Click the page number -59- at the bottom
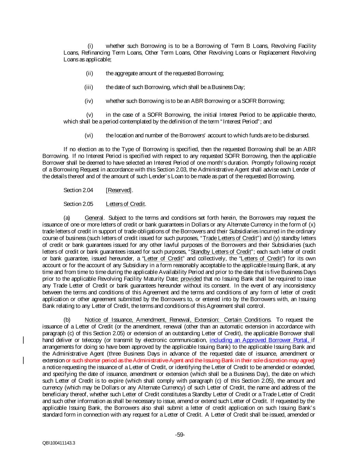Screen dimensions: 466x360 (180, 435)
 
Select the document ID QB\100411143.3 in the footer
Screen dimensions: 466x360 (59, 443)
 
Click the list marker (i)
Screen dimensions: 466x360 (90, 46)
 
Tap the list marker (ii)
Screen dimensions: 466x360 (89, 73)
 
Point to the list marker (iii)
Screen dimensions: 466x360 (89, 87)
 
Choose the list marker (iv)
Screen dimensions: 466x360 (89, 101)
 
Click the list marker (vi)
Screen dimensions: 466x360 (89, 135)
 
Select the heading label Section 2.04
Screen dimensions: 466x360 (78, 190)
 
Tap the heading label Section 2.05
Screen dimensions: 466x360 (78, 204)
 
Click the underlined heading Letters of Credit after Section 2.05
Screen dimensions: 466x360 (126, 204)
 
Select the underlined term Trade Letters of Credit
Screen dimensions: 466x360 (230, 238)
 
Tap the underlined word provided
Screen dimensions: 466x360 (191, 279)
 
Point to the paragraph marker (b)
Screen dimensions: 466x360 (67, 320)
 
